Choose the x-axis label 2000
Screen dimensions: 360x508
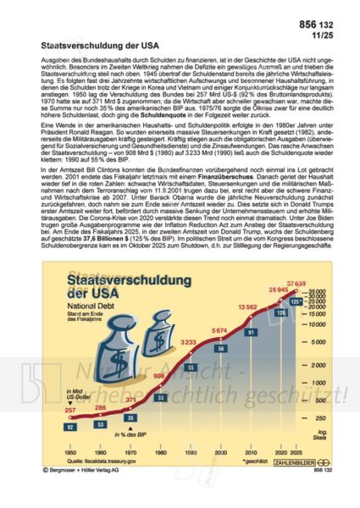[x=219, y=453]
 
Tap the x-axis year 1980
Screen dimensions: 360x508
[x=160, y=453]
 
